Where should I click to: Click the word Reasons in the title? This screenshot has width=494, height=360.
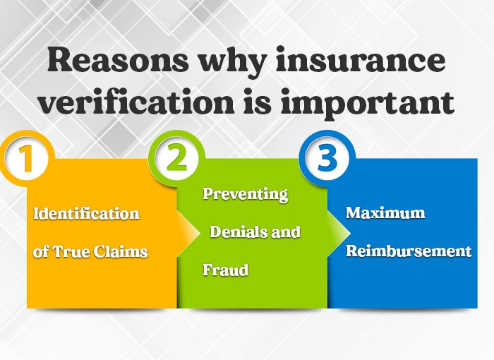click(x=119, y=60)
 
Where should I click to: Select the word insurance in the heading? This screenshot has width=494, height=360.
click(x=361, y=60)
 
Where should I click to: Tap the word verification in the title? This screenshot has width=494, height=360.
click(x=137, y=102)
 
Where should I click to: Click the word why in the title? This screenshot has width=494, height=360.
click(x=233, y=62)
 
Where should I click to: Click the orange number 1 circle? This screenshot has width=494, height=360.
click(x=27, y=158)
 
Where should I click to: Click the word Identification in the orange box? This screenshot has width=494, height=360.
click(x=86, y=213)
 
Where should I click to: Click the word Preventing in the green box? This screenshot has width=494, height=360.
click(x=246, y=194)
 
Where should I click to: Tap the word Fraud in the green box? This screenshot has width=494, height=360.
click(x=226, y=270)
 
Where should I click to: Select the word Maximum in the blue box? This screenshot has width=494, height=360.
click(x=385, y=212)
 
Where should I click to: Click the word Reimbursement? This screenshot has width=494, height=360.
click(x=409, y=251)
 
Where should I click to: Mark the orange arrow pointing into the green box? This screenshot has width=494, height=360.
click(x=188, y=233)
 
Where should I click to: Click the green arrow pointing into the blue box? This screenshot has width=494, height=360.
click(x=339, y=233)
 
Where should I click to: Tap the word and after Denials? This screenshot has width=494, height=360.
click(x=286, y=232)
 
